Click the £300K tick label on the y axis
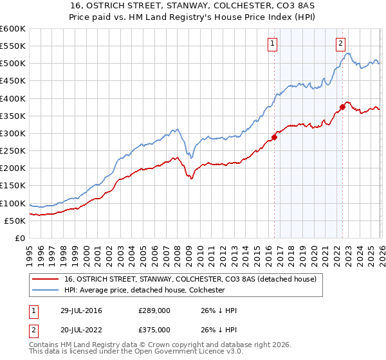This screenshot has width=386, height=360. [12, 133]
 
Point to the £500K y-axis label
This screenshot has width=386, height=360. [12, 64]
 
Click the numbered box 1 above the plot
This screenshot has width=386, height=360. [272, 44]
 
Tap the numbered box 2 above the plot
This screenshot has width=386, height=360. [340, 44]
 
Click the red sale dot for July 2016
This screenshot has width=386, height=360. [274, 137]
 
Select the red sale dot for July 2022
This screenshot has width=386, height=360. [342, 107]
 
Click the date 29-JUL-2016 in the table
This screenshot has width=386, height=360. [79, 310]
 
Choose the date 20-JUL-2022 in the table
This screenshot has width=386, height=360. [79, 331]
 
